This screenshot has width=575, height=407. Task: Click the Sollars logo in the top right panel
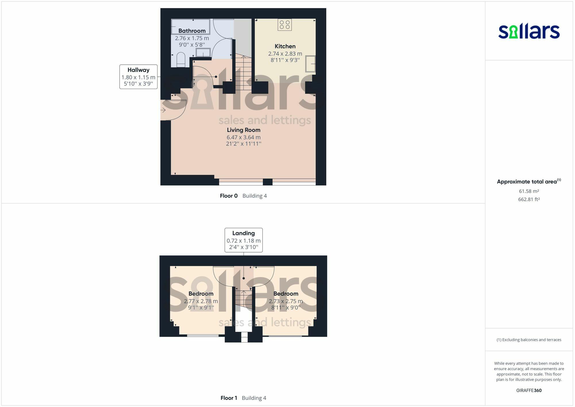[x=529, y=31]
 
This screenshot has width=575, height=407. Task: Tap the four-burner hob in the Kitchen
[x=285, y=25]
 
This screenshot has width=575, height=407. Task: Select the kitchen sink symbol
[x=310, y=64]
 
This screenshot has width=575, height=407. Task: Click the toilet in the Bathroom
[x=181, y=60]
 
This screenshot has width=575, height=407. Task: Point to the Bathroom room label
[x=192, y=31]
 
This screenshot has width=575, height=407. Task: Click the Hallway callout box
[x=138, y=77]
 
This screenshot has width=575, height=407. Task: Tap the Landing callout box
[x=244, y=240]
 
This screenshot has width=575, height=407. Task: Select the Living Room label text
[x=244, y=130]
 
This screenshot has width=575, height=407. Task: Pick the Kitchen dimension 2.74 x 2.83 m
[x=285, y=54]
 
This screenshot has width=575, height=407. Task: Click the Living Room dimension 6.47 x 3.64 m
[x=244, y=137]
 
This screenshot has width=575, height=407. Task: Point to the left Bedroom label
[x=201, y=294]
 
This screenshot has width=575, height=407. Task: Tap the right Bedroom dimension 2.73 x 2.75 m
[x=285, y=301]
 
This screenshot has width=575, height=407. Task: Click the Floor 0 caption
[x=229, y=196]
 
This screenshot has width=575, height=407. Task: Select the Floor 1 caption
[x=229, y=398]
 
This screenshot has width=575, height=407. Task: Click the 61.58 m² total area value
[x=529, y=191]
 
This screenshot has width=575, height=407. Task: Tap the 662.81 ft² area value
[x=529, y=199]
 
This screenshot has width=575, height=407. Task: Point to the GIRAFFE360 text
[x=529, y=391]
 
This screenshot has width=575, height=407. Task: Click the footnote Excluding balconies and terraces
[x=529, y=340]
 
